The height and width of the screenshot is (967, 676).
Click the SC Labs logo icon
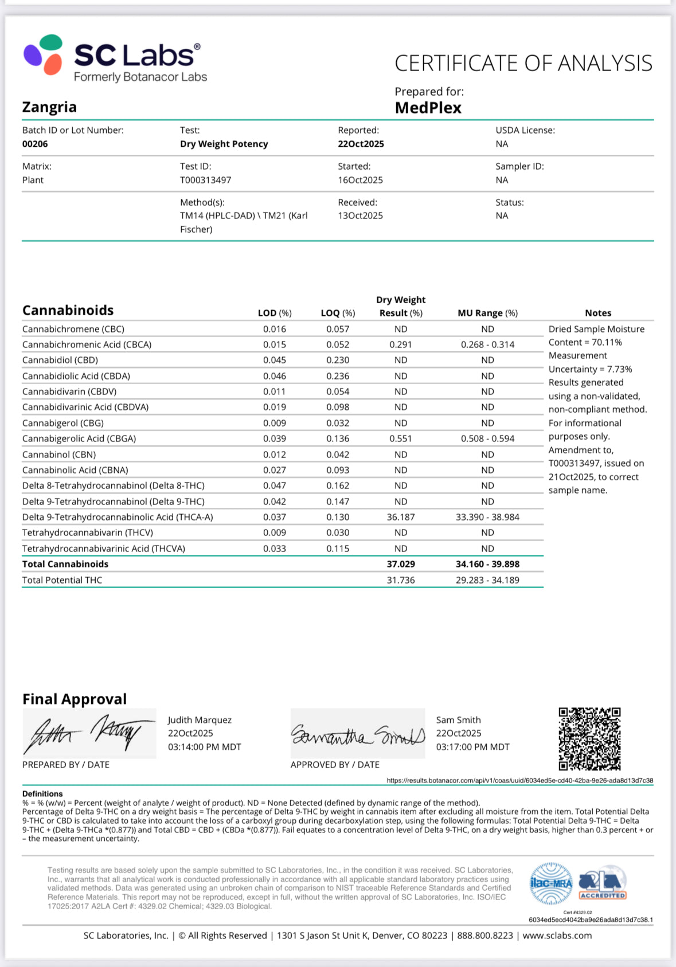point(44,54)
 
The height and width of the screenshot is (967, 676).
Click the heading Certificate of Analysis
point(523,63)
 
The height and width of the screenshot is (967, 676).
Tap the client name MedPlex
point(428,108)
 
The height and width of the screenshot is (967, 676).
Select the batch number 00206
point(35,144)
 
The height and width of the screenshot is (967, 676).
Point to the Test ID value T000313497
point(205,180)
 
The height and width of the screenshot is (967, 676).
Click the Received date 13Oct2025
point(360,216)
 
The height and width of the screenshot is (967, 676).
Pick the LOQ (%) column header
point(338,313)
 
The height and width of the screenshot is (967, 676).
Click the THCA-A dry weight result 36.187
point(401,517)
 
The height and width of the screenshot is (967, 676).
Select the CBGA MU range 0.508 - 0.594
point(487,439)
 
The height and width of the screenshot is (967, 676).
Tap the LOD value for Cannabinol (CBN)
point(275,455)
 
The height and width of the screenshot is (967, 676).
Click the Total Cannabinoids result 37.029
point(401,564)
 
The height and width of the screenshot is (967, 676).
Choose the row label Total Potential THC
point(62,580)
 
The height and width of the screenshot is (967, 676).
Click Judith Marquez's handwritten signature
point(89,734)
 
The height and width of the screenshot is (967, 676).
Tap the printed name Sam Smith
point(458,720)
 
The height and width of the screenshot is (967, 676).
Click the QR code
point(589,739)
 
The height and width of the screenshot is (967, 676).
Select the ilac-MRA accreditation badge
point(550,883)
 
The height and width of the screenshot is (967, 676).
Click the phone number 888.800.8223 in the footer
point(485,935)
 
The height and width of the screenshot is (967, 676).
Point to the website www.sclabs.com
point(557,935)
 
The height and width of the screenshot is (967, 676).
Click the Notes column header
point(598,313)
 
